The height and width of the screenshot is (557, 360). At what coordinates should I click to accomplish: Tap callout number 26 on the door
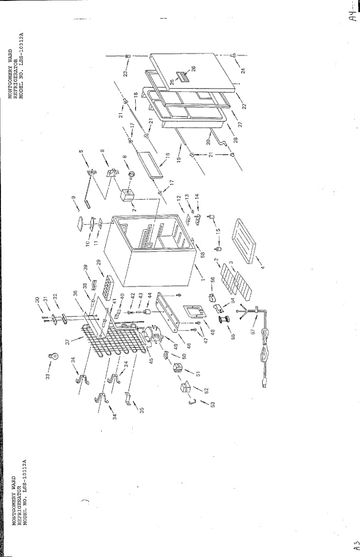(x=193, y=68)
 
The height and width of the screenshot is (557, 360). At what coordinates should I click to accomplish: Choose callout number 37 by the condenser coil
(x=68, y=341)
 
